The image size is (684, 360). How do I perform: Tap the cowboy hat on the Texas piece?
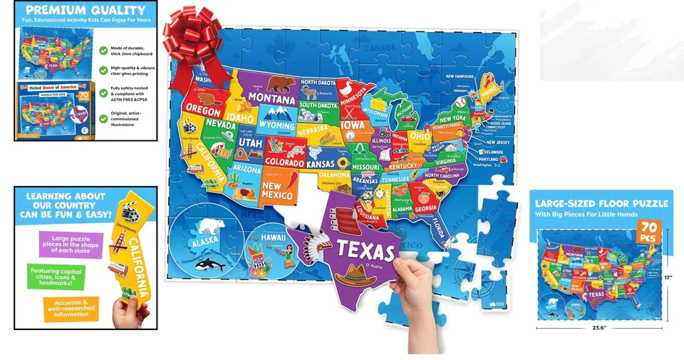coord(359,274)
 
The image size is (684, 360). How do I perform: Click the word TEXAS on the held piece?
coord(366,250)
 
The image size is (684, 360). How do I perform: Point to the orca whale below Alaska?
coord(213,264)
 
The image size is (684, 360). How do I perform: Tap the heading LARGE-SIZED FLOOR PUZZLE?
coord(601,203)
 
